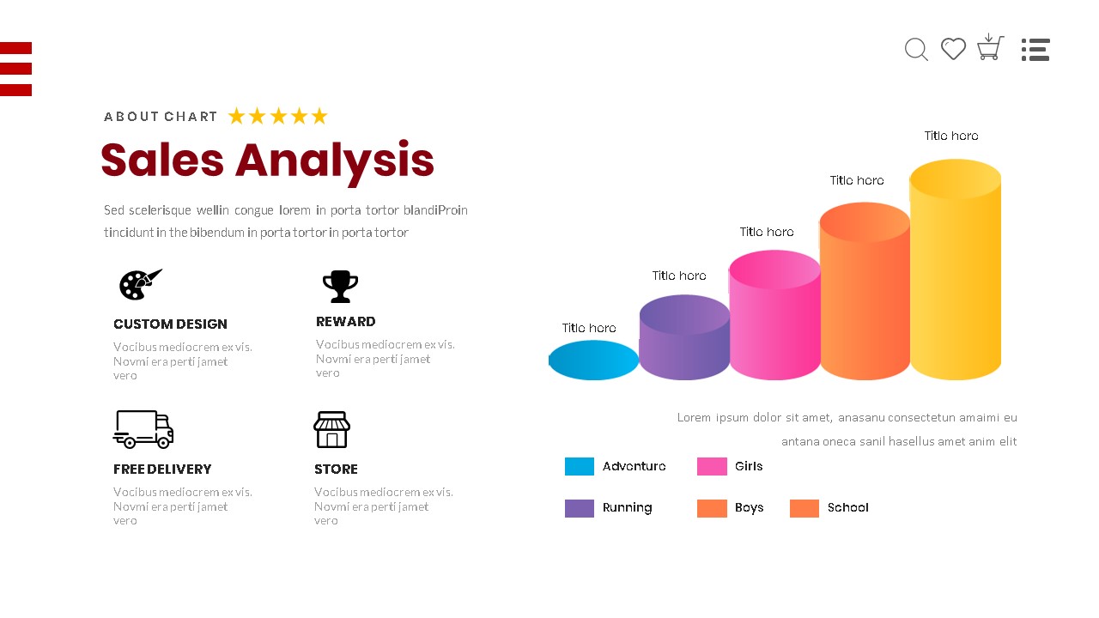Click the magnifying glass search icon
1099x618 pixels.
(916, 50)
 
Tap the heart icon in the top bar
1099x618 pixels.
(953, 49)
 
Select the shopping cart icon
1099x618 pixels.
(990, 47)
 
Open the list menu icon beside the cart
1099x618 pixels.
(1035, 50)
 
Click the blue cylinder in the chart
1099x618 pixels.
(593, 360)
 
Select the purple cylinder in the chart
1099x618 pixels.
(684, 338)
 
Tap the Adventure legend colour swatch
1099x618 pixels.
(580, 466)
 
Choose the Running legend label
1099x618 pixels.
(627, 508)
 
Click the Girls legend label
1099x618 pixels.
(749, 466)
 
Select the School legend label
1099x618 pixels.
(847, 508)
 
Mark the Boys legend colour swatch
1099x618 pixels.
(712, 508)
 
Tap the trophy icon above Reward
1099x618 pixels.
(340, 287)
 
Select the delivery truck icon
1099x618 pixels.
(143, 429)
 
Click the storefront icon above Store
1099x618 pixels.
(331, 429)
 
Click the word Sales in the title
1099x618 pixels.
(162, 161)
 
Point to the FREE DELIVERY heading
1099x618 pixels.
(162, 470)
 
